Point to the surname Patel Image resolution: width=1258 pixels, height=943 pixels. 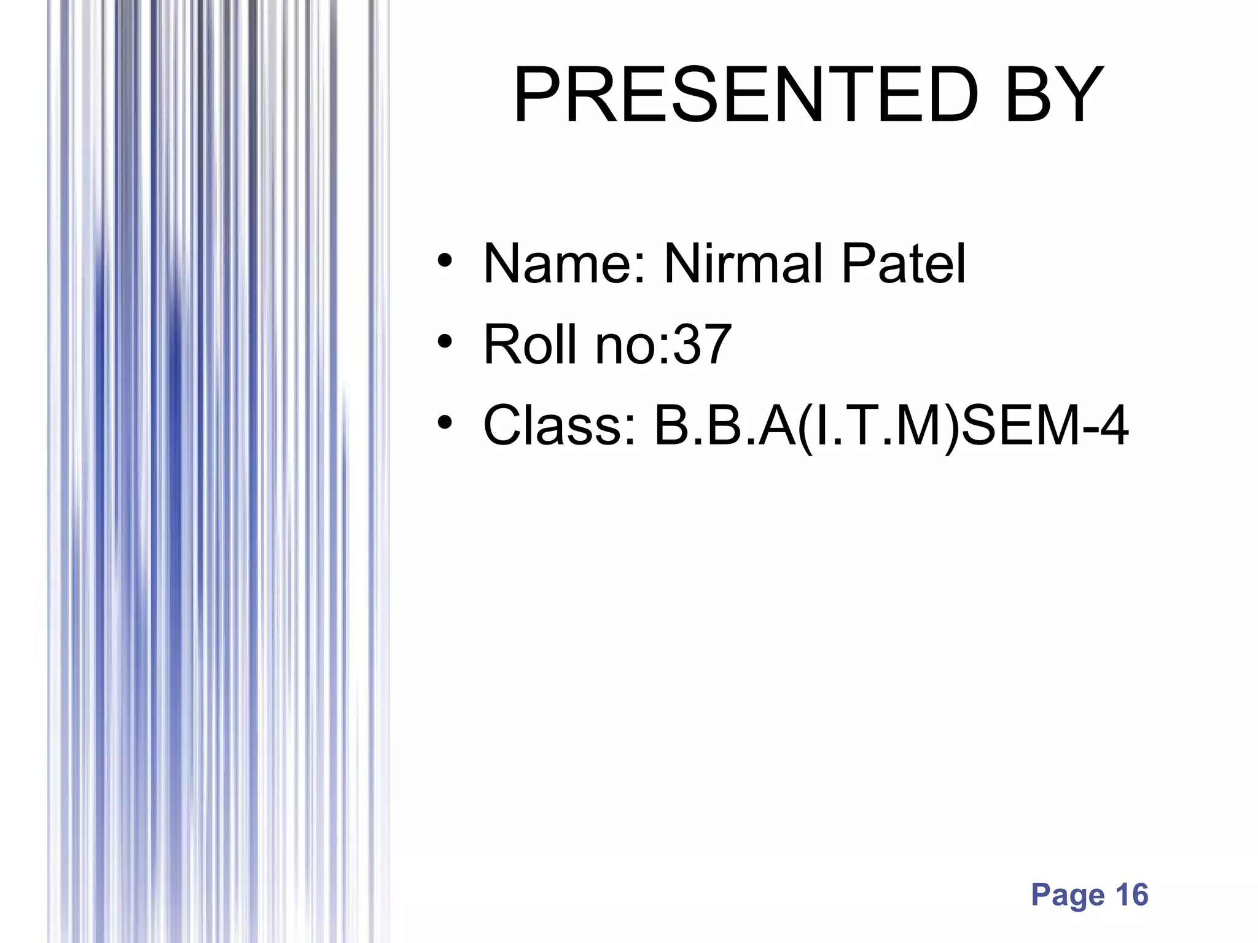click(904, 264)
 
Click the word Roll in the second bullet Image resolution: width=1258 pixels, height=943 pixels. click(532, 344)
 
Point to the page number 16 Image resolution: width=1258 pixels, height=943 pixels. click(1131, 894)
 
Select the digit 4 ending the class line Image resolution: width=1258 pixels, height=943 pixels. click(1113, 425)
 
